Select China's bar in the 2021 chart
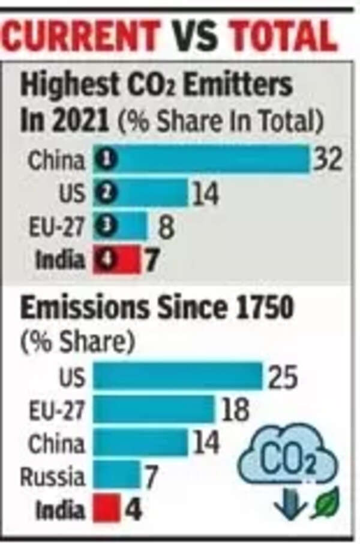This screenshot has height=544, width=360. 210,159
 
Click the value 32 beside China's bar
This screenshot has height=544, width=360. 328,160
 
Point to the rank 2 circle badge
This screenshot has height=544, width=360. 109,193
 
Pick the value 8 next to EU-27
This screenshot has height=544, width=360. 166,227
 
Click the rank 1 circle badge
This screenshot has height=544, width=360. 109,160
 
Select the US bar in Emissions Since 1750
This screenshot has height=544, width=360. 178,377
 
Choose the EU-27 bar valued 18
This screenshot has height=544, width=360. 154,410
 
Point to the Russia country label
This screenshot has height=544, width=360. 52,477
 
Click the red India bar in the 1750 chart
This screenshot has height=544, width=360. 106,510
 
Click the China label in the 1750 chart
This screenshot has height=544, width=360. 56,444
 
